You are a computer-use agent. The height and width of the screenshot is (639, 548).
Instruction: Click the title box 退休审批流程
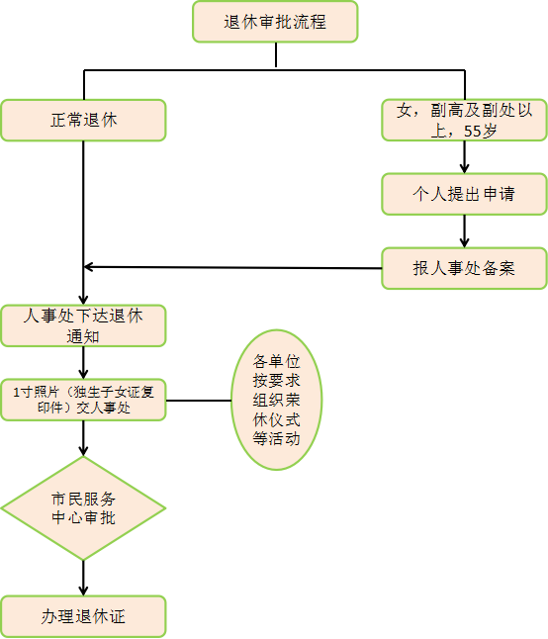(275, 22)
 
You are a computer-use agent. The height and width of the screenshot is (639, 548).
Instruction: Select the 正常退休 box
(83, 121)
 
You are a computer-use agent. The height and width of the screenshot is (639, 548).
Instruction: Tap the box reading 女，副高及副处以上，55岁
(465, 121)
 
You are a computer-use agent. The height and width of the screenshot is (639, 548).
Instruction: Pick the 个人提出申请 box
(465, 194)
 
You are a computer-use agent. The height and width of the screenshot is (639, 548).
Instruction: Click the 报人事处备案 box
(465, 268)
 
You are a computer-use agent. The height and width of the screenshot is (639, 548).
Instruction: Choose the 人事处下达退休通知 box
(83, 326)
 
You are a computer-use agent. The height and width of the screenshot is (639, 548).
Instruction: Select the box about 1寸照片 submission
(83, 400)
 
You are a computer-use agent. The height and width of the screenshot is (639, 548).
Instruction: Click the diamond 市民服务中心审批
(83, 508)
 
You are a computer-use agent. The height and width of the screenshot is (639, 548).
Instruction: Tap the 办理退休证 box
(83, 616)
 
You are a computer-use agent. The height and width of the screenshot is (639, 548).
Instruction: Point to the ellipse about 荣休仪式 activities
(277, 400)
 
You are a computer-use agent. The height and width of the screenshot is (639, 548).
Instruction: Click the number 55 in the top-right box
(473, 132)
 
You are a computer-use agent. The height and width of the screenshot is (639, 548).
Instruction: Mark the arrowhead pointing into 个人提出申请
(465, 168)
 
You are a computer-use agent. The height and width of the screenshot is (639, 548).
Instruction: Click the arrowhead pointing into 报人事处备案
(465, 242)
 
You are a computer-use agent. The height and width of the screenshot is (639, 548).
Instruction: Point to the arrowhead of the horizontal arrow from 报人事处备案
(89, 267)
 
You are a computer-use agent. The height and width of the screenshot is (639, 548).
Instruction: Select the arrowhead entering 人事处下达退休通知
(83, 300)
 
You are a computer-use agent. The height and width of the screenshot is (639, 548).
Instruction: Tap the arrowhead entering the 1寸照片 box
(83, 374)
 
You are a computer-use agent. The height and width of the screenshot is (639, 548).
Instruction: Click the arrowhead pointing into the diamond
(83, 451)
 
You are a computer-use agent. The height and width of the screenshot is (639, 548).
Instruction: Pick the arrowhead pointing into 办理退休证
(83, 591)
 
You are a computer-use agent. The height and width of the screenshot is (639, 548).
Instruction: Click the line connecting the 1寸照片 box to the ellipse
(199, 401)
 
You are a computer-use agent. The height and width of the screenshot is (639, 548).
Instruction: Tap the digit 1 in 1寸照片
(16, 393)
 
